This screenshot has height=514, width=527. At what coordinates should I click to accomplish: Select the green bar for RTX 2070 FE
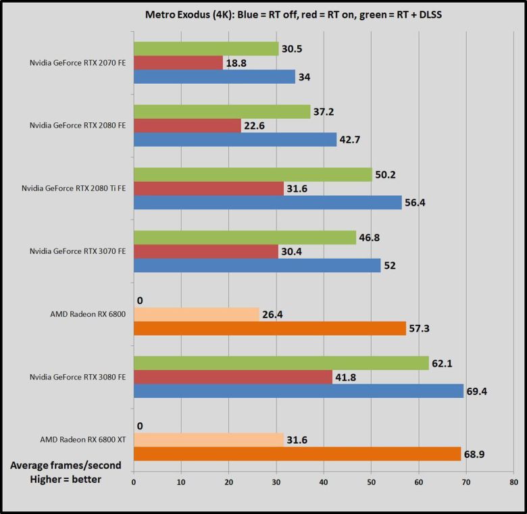click(x=206, y=49)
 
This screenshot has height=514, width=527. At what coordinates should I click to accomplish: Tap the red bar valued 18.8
click(x=178, y=63)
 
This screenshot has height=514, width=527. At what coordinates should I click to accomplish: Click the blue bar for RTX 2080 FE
click(x=235, y=139)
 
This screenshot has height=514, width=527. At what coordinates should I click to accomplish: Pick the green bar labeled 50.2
click(x=253, y=174)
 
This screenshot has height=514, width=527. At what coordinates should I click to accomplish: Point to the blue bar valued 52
click(x=257, y=265)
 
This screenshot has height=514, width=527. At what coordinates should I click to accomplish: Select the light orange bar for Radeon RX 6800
click(x=197, y=314)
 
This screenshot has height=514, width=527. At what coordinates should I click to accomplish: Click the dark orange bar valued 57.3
click(x=270, y=328)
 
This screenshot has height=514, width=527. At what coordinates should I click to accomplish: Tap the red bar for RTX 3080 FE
click(x=233, y=377)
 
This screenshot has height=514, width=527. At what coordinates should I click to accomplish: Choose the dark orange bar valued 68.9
click(x=297, y=454)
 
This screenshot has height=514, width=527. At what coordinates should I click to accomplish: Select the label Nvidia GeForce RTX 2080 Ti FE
click(x=76, y=188)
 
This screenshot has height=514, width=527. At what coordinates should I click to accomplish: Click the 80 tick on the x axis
click(x=514, y=482)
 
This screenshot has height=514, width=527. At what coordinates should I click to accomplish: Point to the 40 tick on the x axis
click(x=324, y=482)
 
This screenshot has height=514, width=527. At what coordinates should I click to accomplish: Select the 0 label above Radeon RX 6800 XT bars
click(x=139, y=426)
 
